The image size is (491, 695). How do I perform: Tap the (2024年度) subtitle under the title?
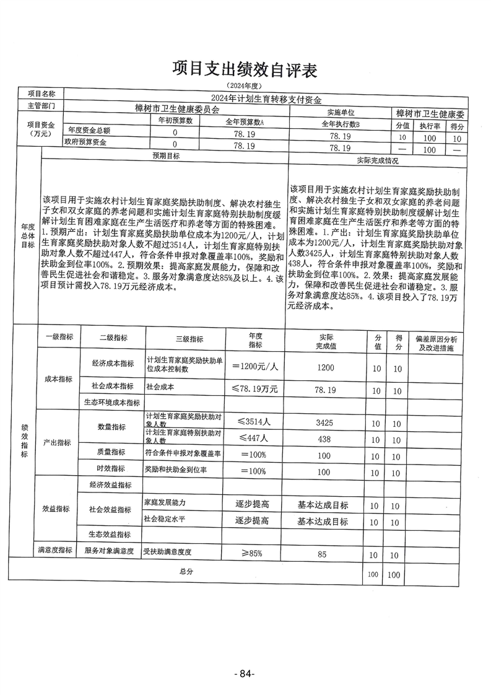pos(245,85)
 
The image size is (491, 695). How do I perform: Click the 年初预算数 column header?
pos(176,121)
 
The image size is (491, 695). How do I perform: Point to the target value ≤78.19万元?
pos(256,389)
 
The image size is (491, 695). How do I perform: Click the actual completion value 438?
pos(325,439)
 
